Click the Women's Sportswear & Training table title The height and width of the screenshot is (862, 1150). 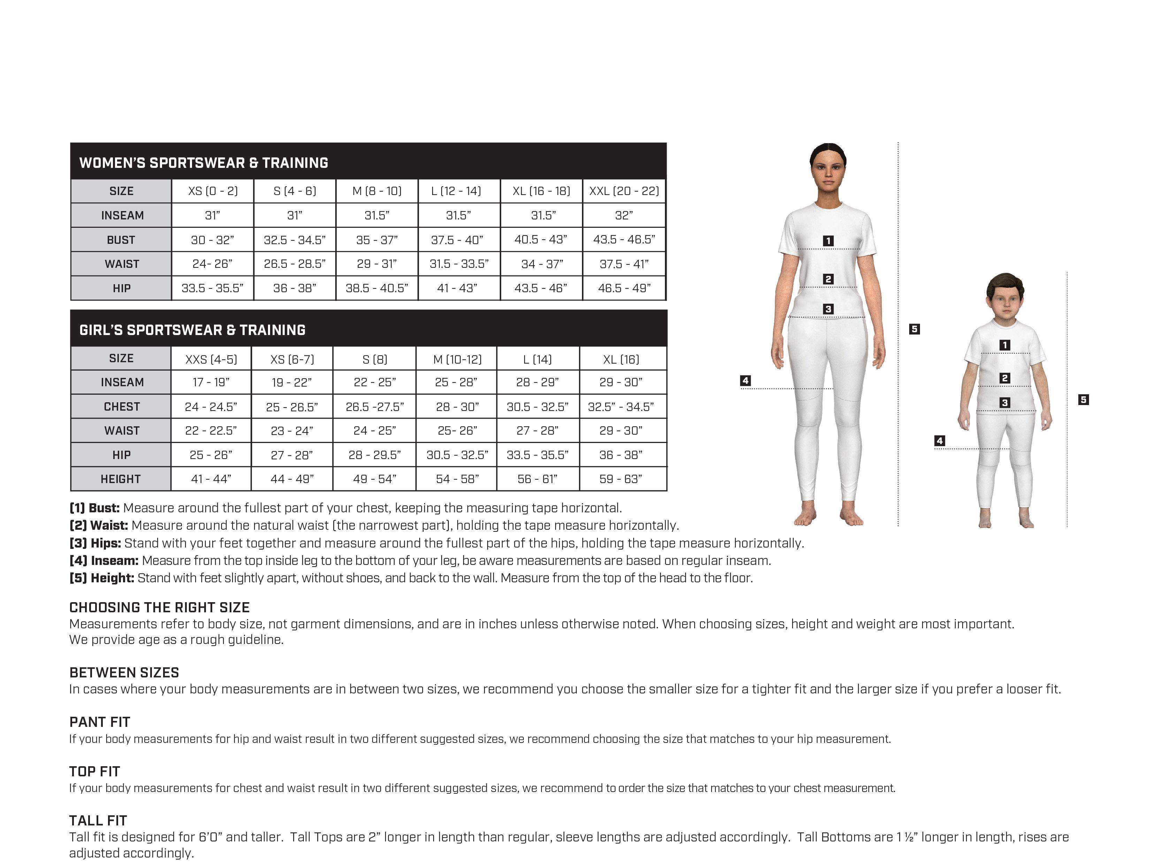[204, 163]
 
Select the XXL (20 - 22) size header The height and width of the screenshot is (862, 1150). [624, 191]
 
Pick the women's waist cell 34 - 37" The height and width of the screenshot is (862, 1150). [542, 264]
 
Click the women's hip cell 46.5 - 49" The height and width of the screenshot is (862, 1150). [624, 288]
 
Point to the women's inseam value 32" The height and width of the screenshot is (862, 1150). [624, 216]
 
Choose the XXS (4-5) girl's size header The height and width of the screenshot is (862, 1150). [211, 359]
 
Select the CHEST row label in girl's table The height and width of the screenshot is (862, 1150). [122, 407]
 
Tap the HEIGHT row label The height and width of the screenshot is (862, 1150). [121, 479]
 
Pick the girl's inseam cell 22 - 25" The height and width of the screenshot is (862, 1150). [374, 382]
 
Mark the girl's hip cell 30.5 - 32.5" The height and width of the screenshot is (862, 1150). [457, 455]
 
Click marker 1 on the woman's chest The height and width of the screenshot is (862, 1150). [828, 241]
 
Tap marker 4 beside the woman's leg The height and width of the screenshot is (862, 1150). [745, 381]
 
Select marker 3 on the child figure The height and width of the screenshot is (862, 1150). [1005, 403]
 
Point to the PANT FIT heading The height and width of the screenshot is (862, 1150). [100, 722]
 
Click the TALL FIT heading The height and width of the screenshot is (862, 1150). [98, 821]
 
